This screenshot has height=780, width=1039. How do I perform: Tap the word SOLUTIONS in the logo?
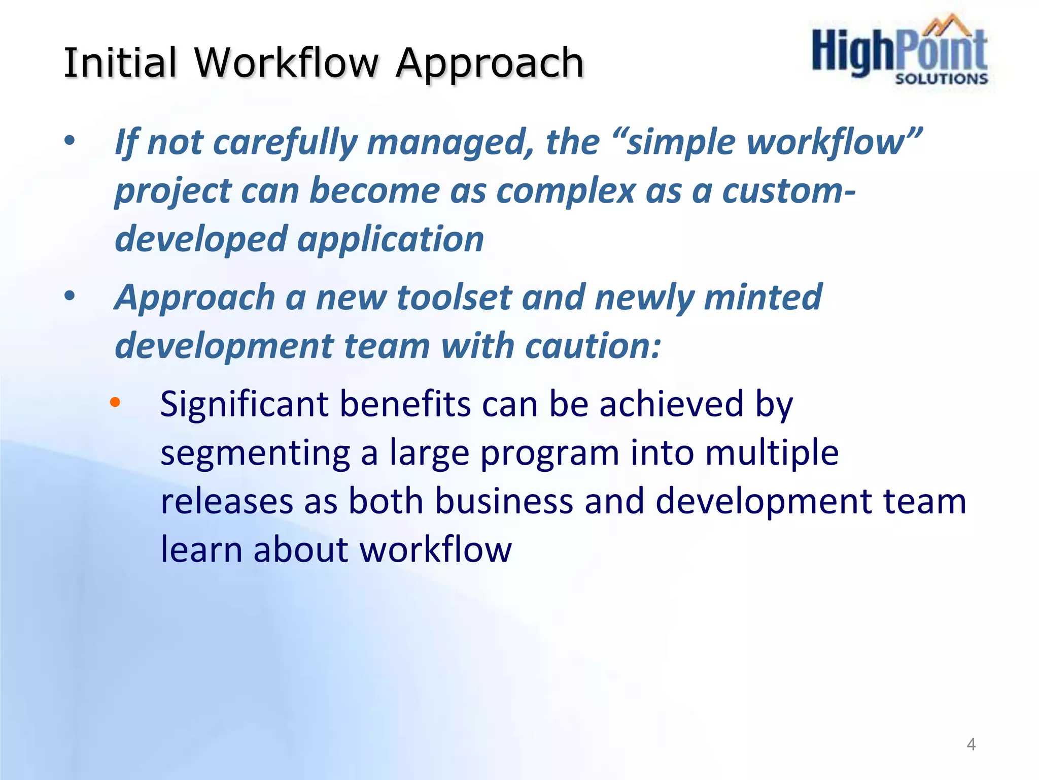coord(942,79)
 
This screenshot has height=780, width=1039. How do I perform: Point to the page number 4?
coord(971,744)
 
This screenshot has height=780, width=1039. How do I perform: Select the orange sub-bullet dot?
coord(115,403)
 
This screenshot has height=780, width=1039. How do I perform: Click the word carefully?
coord(286,142)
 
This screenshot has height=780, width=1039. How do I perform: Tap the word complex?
coord(566,191)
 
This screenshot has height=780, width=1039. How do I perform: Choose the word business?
coord(504,502)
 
